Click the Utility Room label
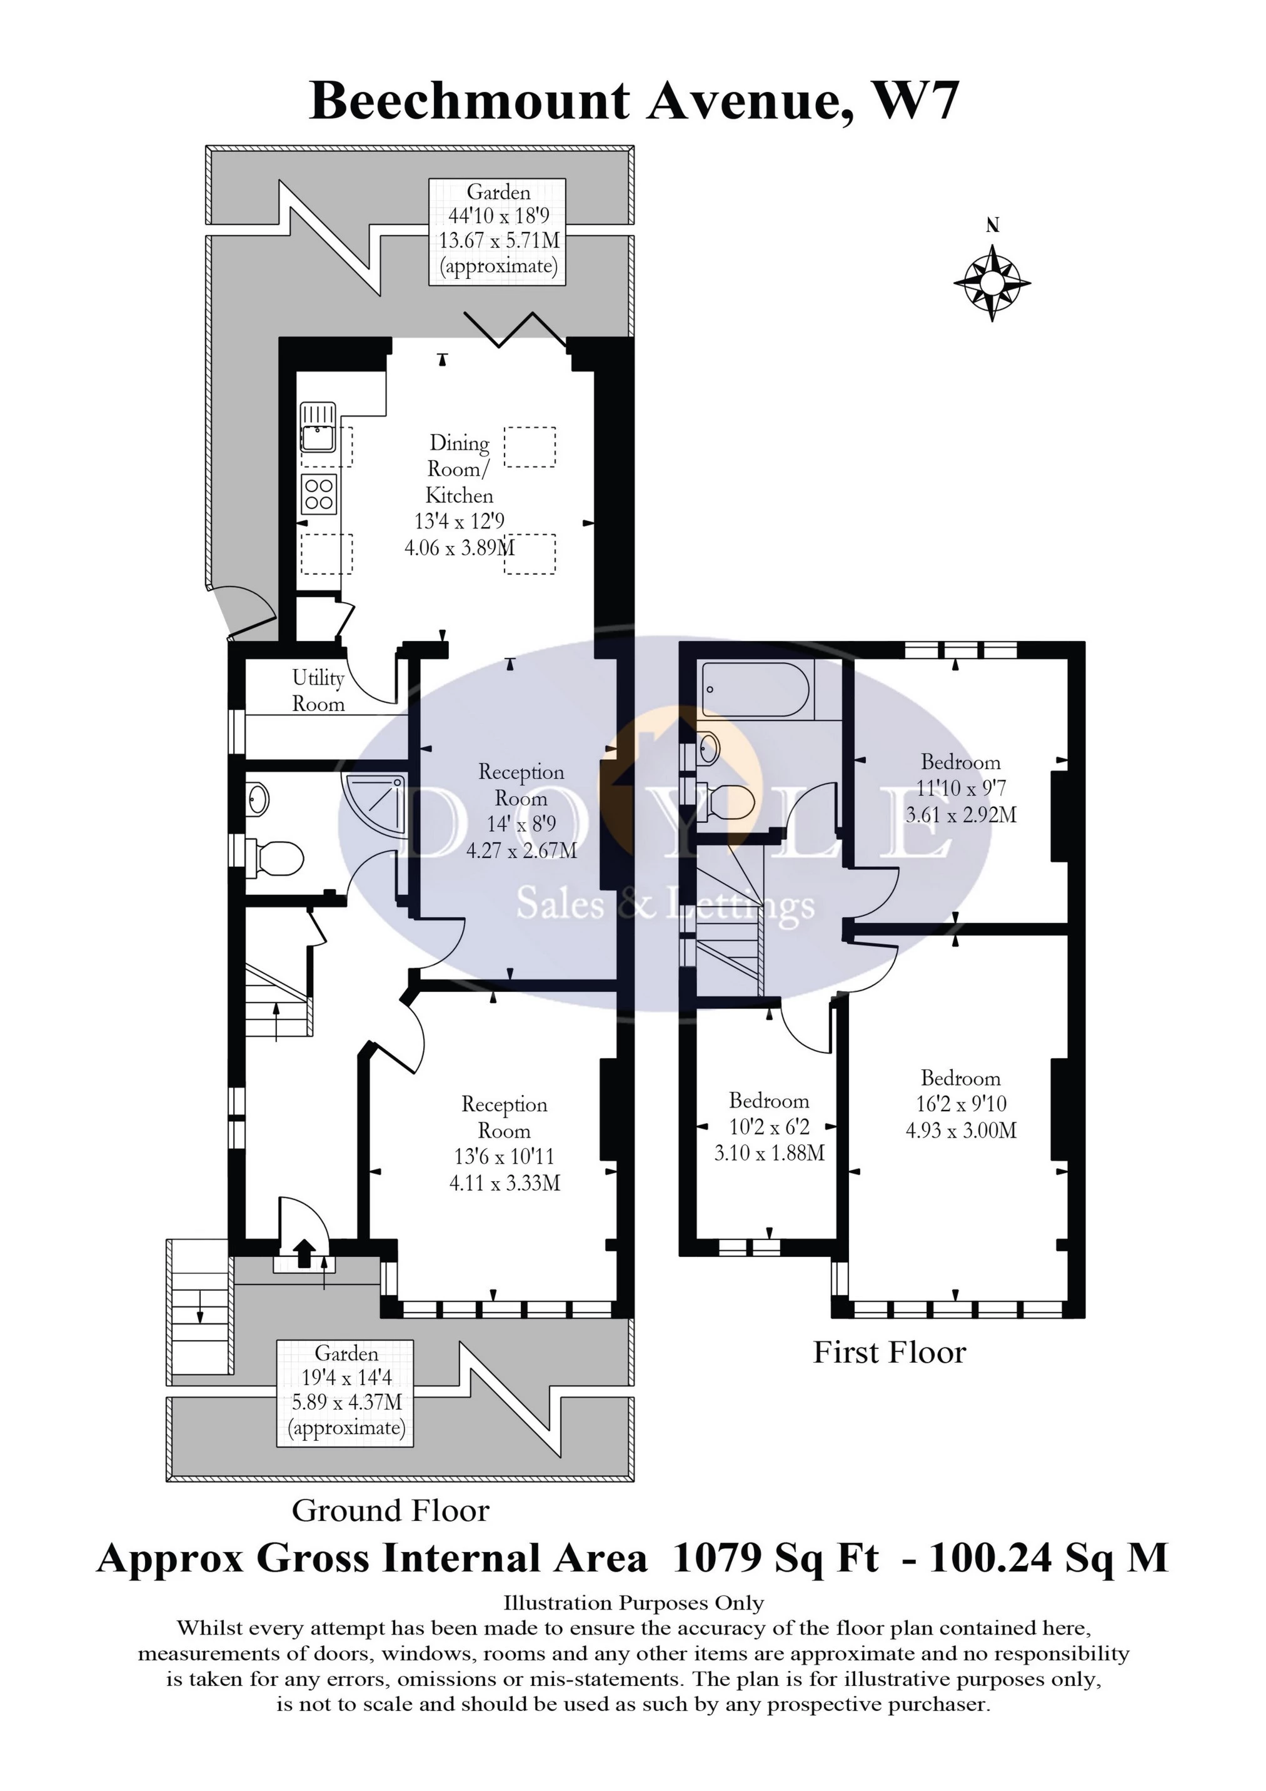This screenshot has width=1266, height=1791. pyautogui.click(x=318, y=690)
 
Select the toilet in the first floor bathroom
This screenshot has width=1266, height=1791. pyautogui.click(x=725, y=800)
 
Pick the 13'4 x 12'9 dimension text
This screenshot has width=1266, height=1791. pyautogui.click(x=460, y=521)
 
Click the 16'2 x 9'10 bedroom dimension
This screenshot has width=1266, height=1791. pyautogui.click(x=961, y=1104)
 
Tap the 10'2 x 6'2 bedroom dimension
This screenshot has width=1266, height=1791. pyautogui.click(x=769, y=1126)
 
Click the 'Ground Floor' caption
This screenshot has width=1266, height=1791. pyautogui.click(x=390, y=1511)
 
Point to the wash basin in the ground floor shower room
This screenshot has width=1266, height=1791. pyautogui.click(x=258, y=799)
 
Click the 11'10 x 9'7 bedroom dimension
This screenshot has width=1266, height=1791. pyautogui.click(x=961, y=788)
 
